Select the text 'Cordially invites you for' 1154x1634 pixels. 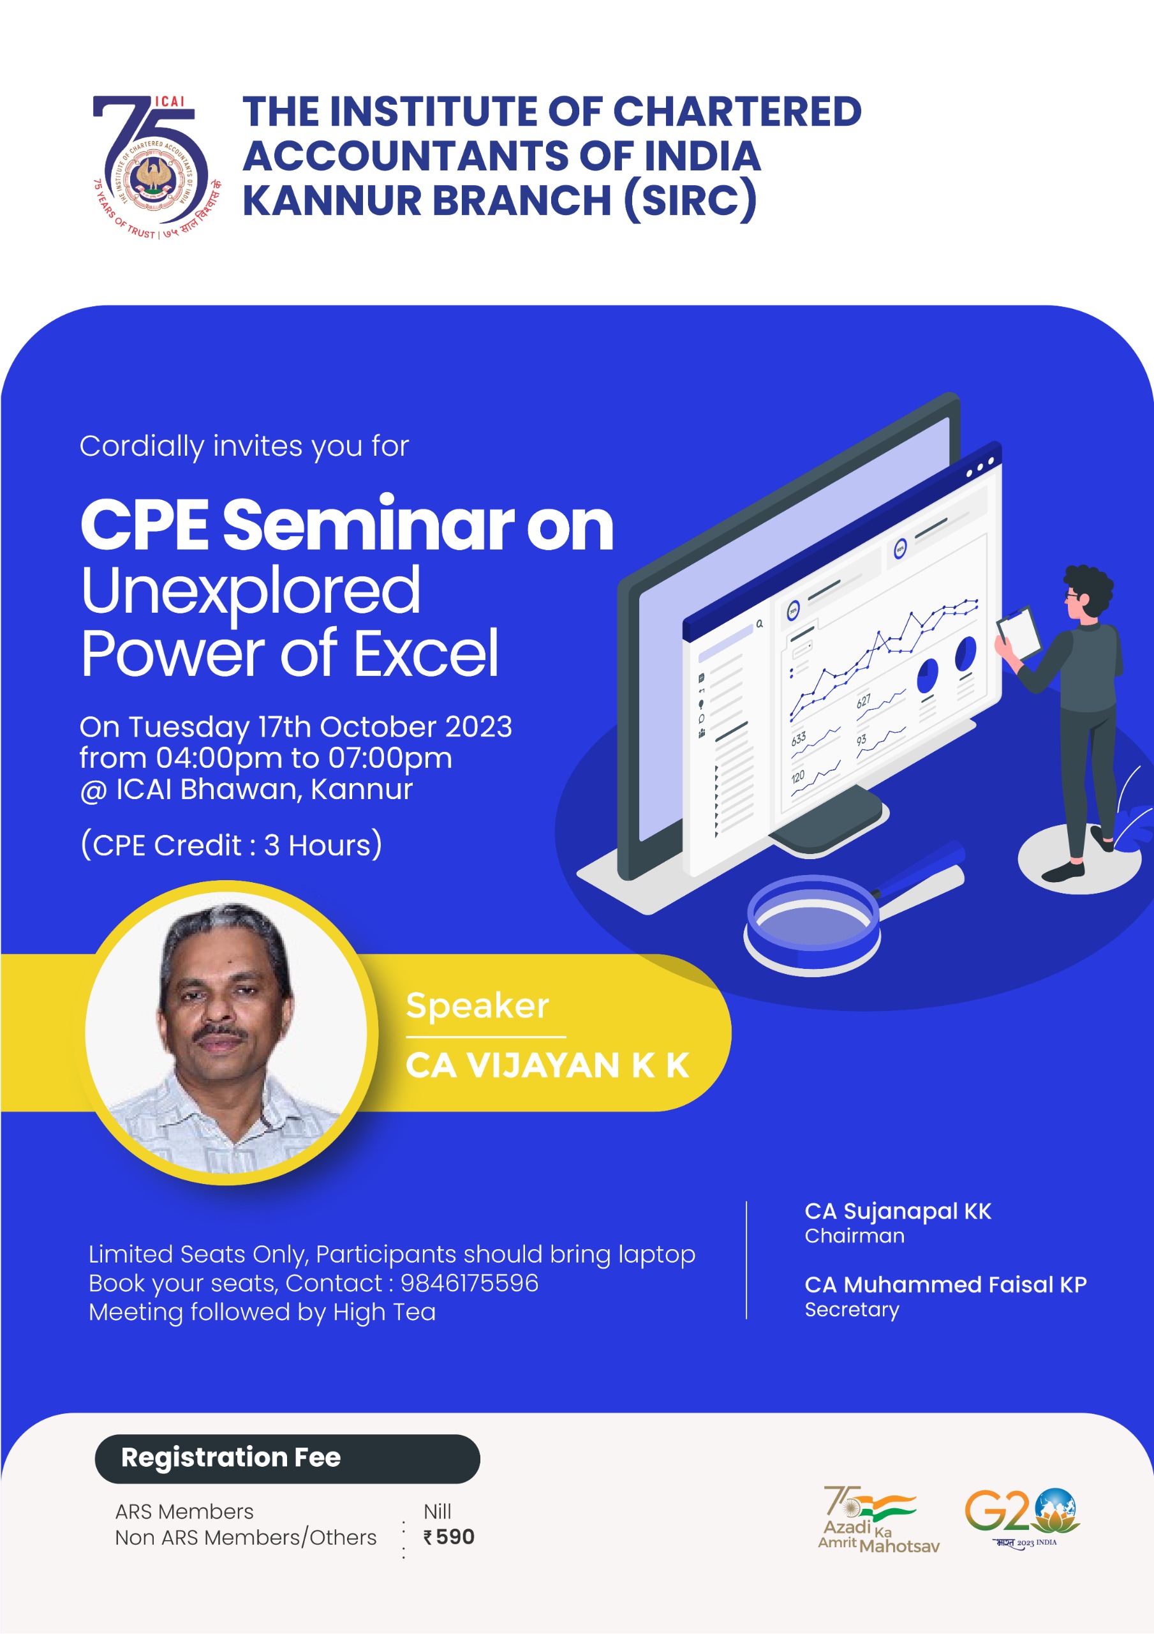point(244,446)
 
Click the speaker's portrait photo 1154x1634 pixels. point(226,1033)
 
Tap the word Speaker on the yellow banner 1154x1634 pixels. point(477,1005)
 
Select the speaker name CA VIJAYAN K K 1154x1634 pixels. point(547,1065)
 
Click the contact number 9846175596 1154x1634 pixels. point(470,1282)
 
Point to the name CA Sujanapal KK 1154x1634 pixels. point(898,1211)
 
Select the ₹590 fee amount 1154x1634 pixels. point(449,1536)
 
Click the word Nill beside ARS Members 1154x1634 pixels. point(438,1511)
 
